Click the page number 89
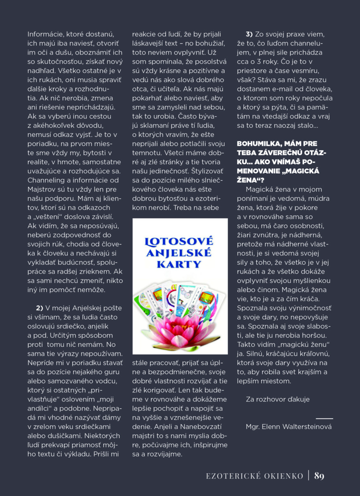click(x=319, y=476)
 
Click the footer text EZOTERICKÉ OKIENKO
click(x=255, y=476)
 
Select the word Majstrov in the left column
click(x=42, y=189)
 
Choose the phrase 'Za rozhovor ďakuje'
click(x=277, y=399)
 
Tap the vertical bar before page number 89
click(x=309, y=476)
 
